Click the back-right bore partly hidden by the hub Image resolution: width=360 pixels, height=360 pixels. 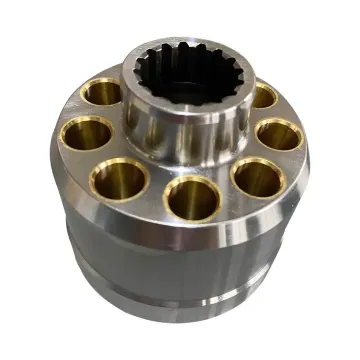(263, 96)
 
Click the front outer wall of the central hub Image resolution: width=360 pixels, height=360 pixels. (185, 130)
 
